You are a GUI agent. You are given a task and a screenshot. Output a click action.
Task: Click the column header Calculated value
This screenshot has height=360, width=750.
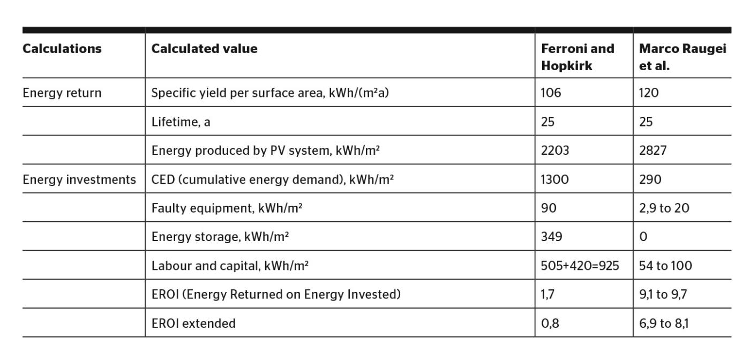pos(204,49)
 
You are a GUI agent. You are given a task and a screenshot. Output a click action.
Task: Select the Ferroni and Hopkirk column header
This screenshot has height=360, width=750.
pos(577,57)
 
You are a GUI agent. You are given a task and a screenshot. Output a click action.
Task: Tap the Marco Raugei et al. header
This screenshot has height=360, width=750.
pos(682,57)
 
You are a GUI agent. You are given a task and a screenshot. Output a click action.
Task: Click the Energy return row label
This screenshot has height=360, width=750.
pos(62,93)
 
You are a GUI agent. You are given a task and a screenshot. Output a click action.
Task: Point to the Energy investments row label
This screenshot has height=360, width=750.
pos(79,179)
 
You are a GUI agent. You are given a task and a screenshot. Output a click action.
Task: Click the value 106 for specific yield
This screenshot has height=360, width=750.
pos(551,93)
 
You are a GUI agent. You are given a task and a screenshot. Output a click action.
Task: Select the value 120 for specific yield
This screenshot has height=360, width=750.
pos(649,93)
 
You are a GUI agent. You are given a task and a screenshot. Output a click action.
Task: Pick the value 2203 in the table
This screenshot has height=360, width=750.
pos(555,151)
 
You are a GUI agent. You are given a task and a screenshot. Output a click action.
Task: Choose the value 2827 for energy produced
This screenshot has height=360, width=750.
pos(652,151)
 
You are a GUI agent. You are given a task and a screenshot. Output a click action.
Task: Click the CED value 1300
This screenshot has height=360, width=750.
pos(555,179)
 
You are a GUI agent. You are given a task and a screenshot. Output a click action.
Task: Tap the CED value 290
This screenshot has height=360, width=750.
pos(650,179)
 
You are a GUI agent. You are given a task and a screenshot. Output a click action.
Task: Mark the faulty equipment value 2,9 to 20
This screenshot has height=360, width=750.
pos(664,208)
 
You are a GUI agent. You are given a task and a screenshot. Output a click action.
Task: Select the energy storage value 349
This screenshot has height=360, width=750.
pos(551,237)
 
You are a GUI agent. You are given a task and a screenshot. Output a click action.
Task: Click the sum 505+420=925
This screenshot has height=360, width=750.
pos(580,266)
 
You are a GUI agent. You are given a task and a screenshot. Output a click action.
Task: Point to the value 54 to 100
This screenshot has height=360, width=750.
pos(665,266)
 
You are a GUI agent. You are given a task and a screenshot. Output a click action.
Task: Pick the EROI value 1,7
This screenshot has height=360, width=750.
pos(547,295)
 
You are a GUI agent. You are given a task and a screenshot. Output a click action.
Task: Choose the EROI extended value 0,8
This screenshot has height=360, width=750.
pos(550,324)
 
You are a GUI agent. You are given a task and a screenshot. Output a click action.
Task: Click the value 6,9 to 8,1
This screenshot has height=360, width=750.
pos(664,324)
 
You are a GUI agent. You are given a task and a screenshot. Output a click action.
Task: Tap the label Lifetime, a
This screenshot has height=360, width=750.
pos(181,122)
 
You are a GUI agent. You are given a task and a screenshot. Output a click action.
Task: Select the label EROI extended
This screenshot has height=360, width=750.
pos(193,324)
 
